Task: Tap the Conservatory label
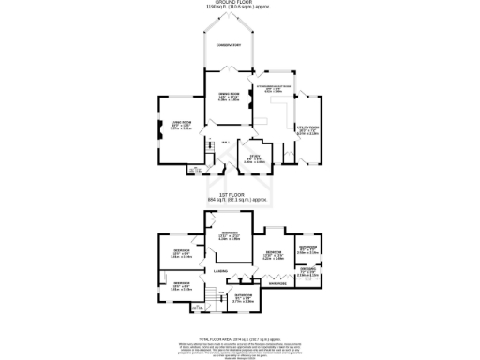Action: tap(229, 45)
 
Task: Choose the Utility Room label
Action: tap(307, 128)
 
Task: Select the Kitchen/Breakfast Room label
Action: tap(277, 87)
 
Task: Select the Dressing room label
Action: tap(307, 272)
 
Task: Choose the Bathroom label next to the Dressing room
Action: tap(307, 248)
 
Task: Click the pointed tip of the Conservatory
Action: tap(229, 14)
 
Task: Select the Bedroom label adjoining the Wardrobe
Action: tap(275, 253)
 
